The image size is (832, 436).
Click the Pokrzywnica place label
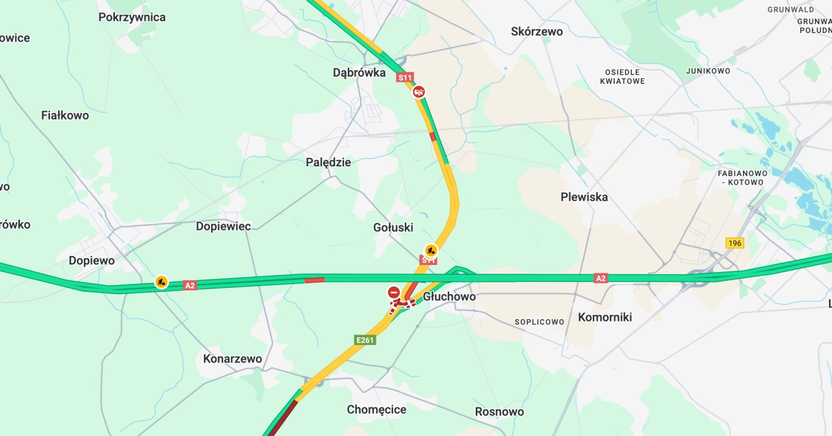(132, 17)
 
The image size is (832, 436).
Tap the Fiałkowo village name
(65, 115)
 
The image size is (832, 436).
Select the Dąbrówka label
(359, 72)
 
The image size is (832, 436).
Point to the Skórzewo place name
(537, 31)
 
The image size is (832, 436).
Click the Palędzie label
(328, 162)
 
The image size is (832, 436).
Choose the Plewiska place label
(584, 196)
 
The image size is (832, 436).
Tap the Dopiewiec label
(224, 226)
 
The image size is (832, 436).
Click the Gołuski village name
(393, 227)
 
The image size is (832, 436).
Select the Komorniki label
(604, 317)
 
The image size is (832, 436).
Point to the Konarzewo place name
(233, 359)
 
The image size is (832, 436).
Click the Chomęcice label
(376, 409)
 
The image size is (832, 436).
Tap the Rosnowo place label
(499, 411)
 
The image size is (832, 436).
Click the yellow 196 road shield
(734, 243)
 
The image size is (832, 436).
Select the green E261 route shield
(365, 340)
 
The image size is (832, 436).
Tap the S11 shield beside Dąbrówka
(405, 77)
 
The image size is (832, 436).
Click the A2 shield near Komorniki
(601, 278)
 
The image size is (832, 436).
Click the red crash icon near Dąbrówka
(420, 92)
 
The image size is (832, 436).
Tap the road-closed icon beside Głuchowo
(394, 292)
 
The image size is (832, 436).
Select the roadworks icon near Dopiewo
(161, 282)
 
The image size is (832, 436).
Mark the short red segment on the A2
(315, 280)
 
